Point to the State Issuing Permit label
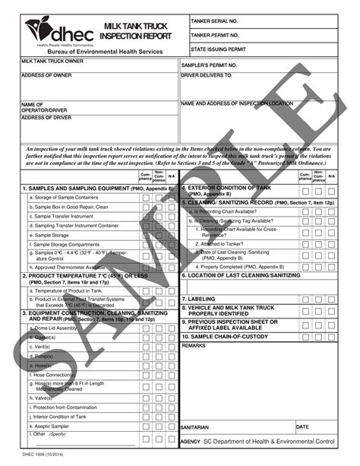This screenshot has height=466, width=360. pos(219,49)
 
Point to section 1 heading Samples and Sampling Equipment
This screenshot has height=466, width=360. pos(98,188)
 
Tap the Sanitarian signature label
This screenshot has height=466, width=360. pos(195,427)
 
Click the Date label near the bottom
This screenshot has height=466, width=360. pos(302,426)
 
